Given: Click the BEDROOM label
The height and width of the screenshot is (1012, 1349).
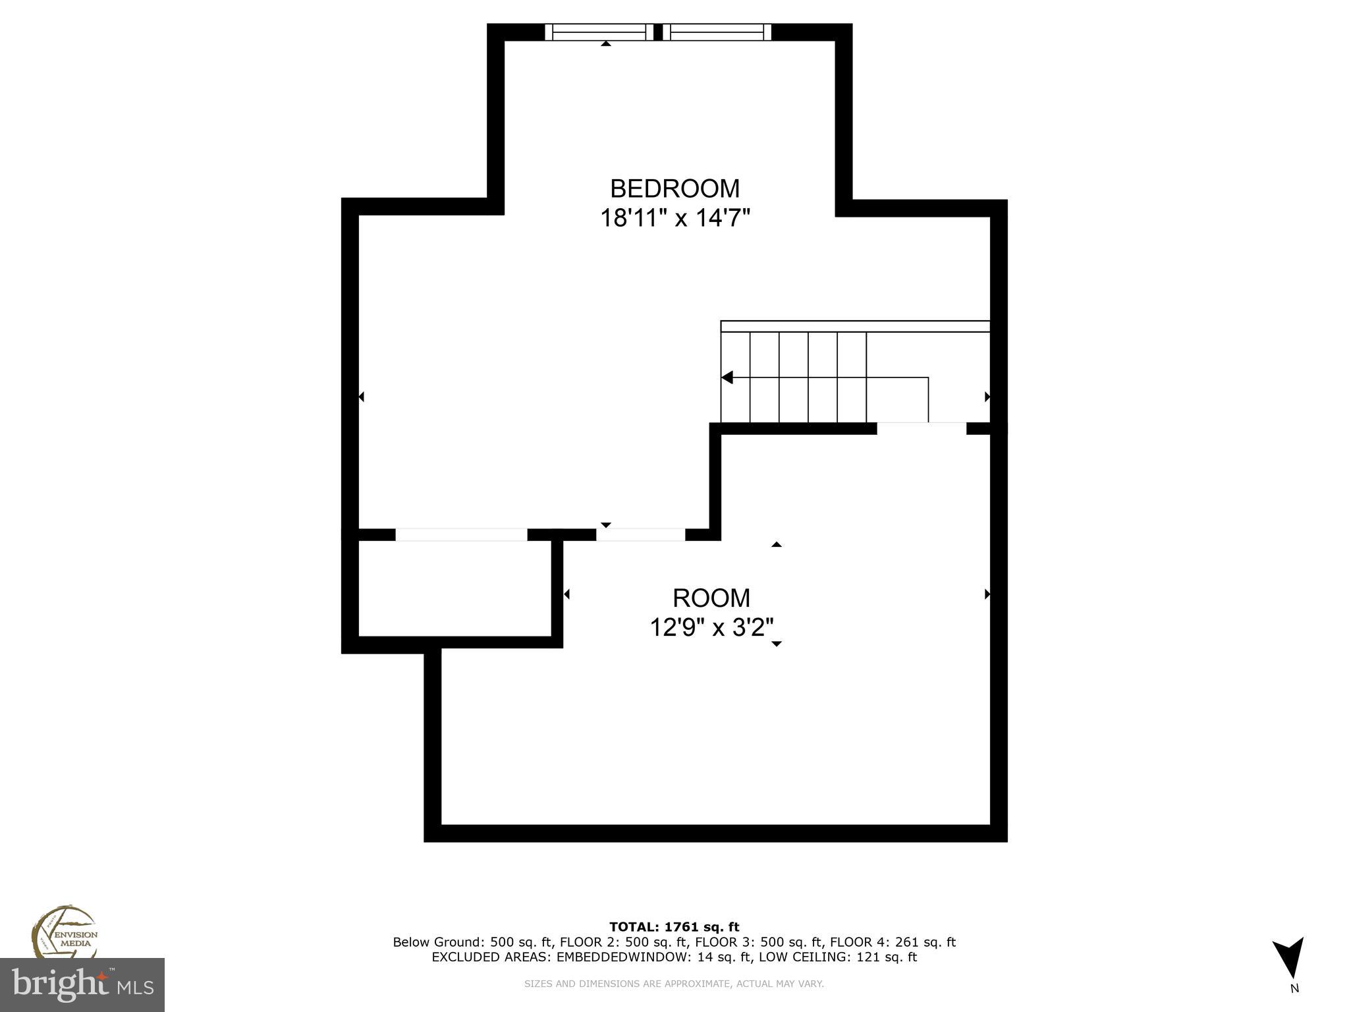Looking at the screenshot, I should pos(674,189).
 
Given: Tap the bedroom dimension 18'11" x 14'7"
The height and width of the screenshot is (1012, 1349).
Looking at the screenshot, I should pos(675,217).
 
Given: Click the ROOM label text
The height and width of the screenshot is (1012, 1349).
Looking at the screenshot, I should pos(711,598).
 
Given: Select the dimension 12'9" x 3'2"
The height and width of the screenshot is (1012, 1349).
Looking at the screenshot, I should pos(711,627).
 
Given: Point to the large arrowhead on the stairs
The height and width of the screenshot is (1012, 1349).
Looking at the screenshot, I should pos(727,378).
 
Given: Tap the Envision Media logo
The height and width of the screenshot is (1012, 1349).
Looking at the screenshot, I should pos(64,932).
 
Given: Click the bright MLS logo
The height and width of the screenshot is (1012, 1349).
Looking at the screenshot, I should pos(82,984).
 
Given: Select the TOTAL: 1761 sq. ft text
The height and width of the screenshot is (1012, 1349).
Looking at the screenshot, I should pos(674,928).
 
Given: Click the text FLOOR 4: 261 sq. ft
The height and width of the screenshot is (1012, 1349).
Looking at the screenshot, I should pos(893,942).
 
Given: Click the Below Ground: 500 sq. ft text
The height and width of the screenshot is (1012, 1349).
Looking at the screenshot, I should pos(473,942).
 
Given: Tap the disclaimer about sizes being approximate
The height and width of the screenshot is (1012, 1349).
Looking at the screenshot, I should pos(674,984).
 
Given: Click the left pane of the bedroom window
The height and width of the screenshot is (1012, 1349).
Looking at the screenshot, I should pos(599,32).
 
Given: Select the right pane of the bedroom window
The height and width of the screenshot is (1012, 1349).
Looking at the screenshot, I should pos(717,32).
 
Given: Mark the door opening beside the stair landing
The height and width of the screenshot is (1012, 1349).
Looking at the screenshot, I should pos(921,428).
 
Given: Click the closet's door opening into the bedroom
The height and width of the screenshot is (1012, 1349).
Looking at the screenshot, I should pos(461,534).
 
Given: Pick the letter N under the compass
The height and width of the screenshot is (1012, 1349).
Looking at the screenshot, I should pos(1294,988).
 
